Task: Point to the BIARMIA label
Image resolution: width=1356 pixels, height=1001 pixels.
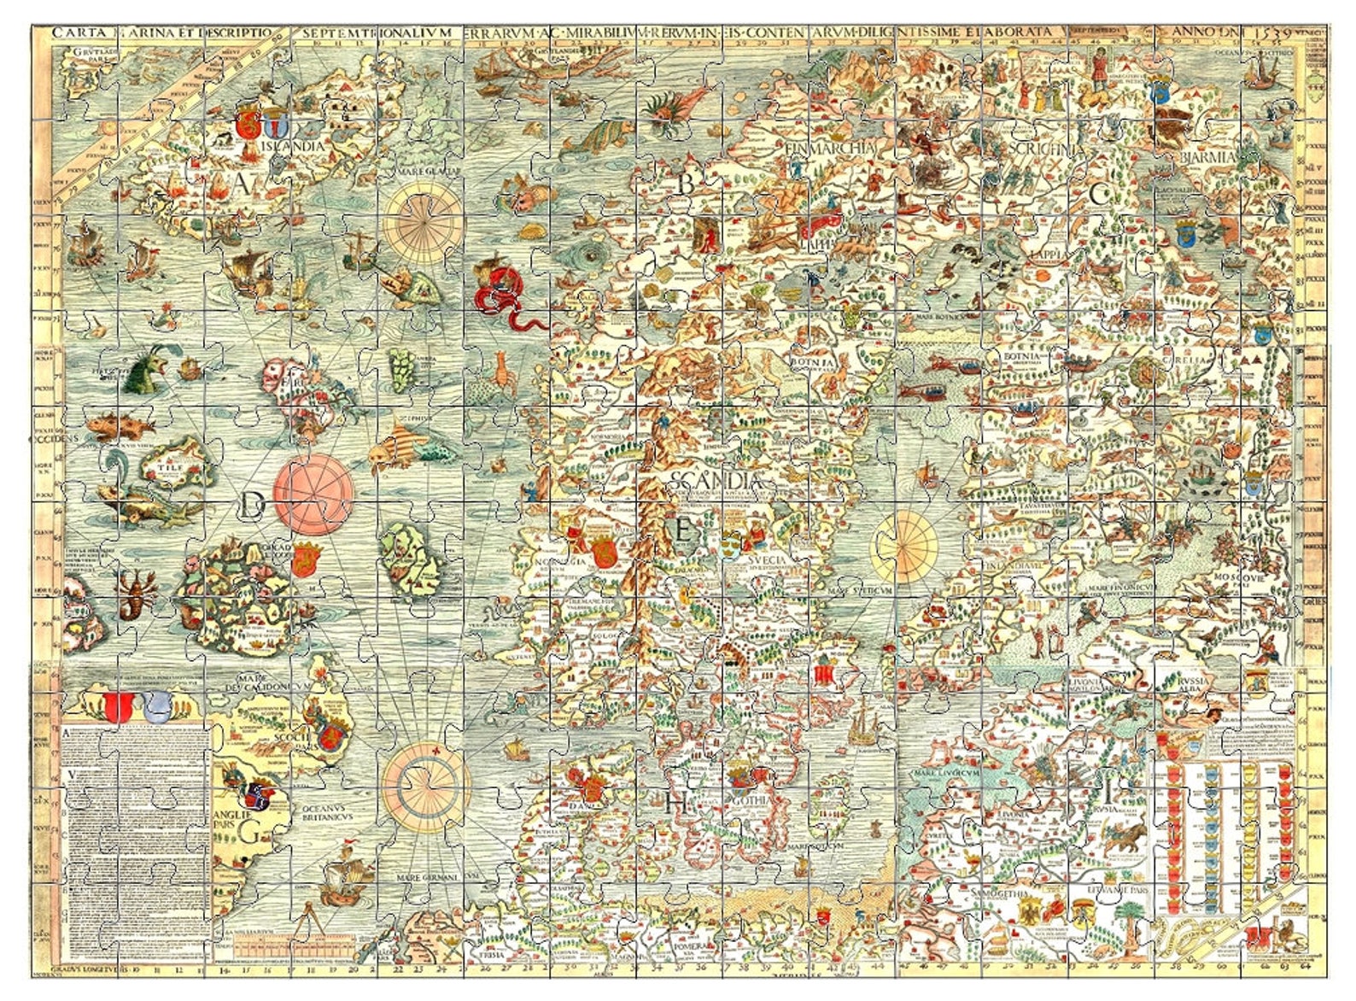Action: pyautogui.click(x=1207, y=158)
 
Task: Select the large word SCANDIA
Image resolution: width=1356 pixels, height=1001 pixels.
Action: pyautogui.click(x=716, y=481)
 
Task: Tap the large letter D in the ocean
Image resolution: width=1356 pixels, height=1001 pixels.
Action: pyautogui.click(x=251, y=506)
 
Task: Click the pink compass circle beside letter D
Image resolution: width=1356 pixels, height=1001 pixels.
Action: pyautogui.click(x=314, y=495)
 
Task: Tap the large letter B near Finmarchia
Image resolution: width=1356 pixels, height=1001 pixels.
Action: pyautogui.click(x=685, y=183)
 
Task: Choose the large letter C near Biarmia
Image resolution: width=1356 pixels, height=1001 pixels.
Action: pyautogui.click(x=1099, y=194)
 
